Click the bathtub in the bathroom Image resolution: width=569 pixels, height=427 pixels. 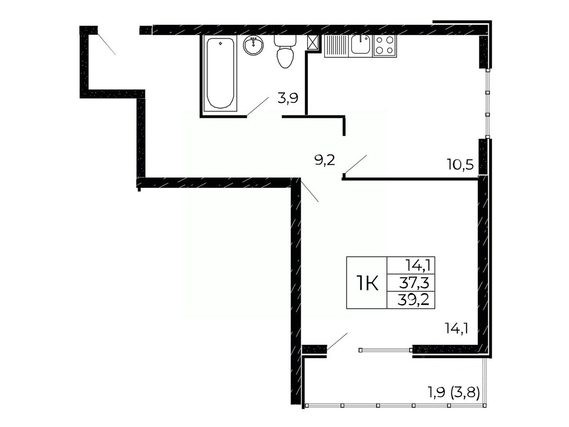(x=220, y=73)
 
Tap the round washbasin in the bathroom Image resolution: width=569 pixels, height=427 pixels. (x=253, y=46)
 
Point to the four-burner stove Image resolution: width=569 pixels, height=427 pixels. (x=385, y=46)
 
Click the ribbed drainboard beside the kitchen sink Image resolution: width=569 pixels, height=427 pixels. (x=337, y=46)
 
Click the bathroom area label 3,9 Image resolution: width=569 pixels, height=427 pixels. (x=288, y=98)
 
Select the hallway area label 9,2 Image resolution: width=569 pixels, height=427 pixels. (x=325, y=160)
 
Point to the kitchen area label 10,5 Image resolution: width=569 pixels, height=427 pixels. (x=460, y=164)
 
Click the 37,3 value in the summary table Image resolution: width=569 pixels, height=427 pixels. (x=414, y=283)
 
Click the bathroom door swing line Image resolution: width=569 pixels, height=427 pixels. (x=257, y=107)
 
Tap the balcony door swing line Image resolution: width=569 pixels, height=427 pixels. (x=337, y=342)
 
